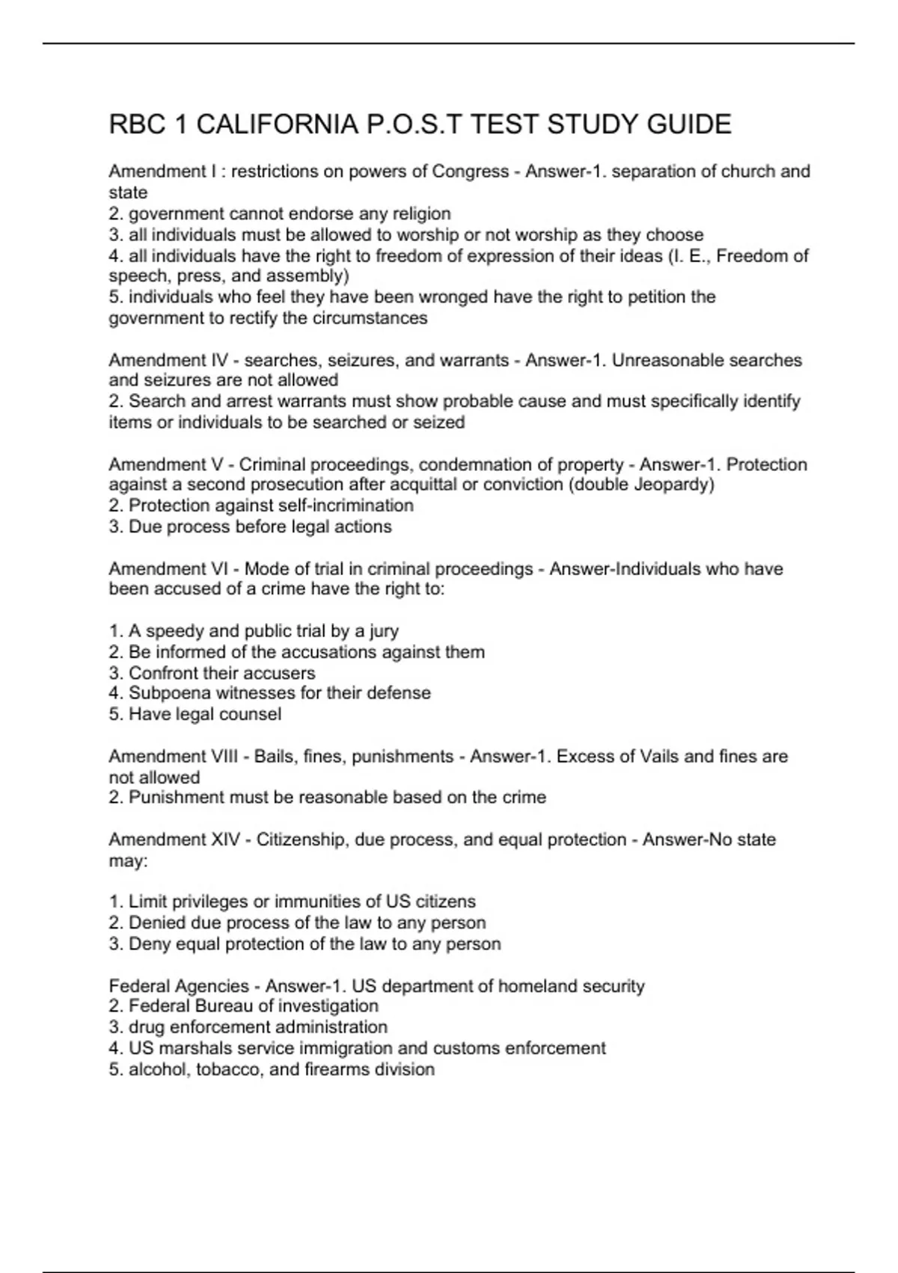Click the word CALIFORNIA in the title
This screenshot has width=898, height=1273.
(x=277, y=124)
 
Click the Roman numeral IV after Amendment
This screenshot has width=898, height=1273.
(x=220, y=360)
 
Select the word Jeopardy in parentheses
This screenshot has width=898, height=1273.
(x=673, y=484)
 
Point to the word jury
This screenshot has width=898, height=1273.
(x=384, y=631)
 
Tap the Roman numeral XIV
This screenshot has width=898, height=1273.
(x=224, y=839)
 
